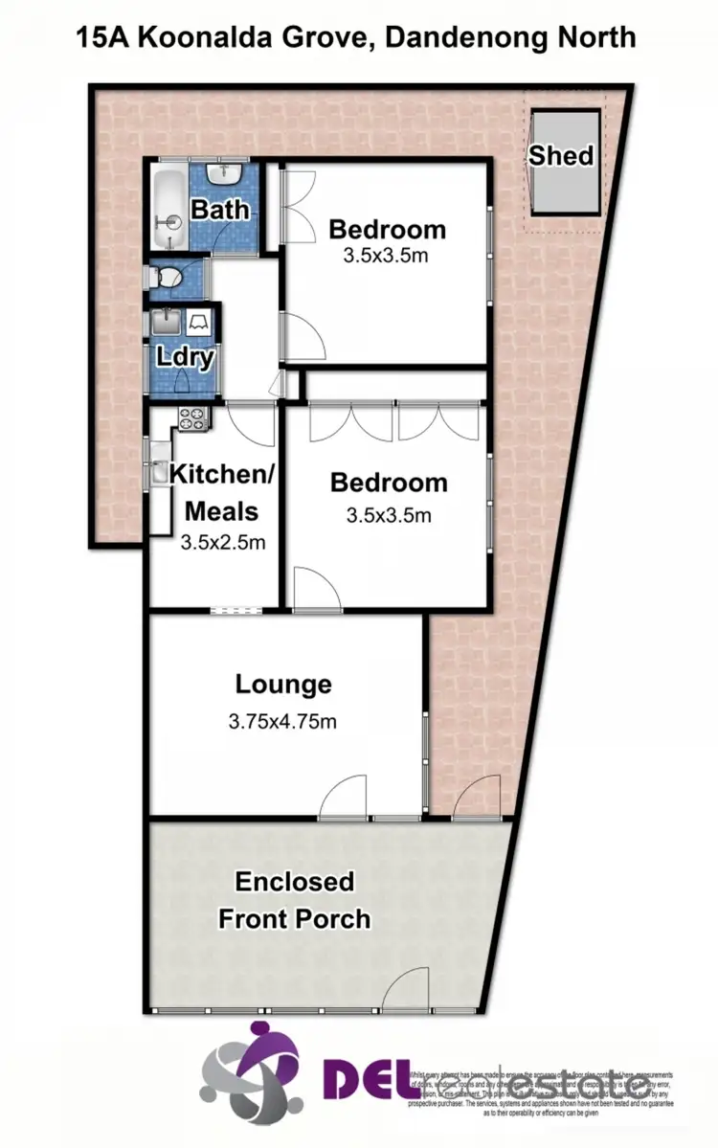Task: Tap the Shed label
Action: point(562,155)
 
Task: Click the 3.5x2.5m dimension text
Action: point(222,543)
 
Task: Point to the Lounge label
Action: point(283,685)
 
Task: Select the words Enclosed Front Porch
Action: point(295,900)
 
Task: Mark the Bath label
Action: point(220,209)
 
